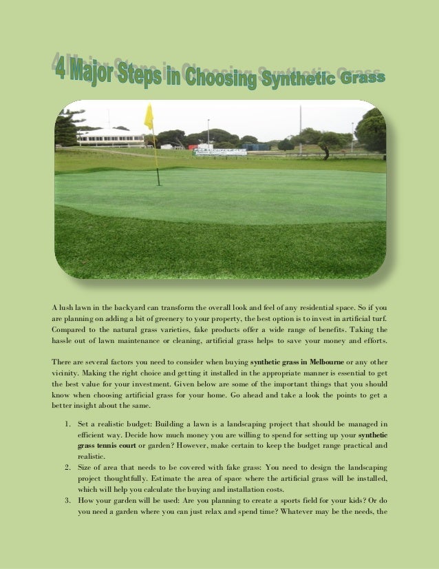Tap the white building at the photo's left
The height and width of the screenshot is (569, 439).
point(111,136)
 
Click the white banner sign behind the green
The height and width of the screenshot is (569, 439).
point(219,152)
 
